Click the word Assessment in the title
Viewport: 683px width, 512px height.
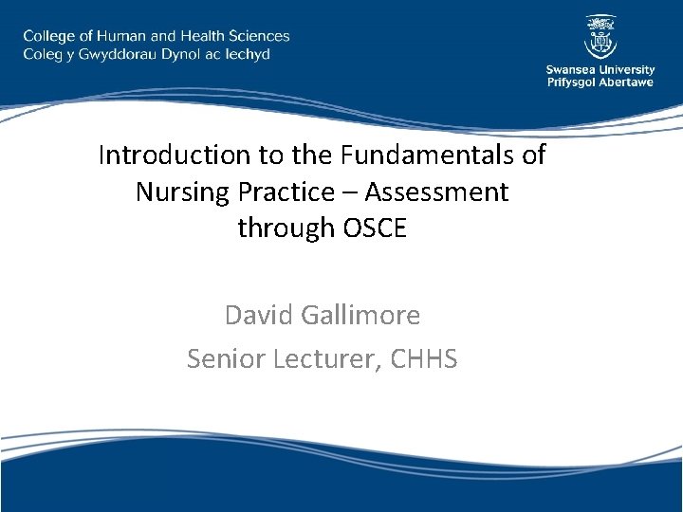click(x=436, y=192)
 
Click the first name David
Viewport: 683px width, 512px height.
click(x=259, y=314)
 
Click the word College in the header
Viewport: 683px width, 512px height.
click(x=52, y=36)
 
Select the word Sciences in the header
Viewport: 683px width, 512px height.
click(x=257, y=36)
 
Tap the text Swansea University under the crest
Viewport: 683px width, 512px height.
click(x=600, y=69)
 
